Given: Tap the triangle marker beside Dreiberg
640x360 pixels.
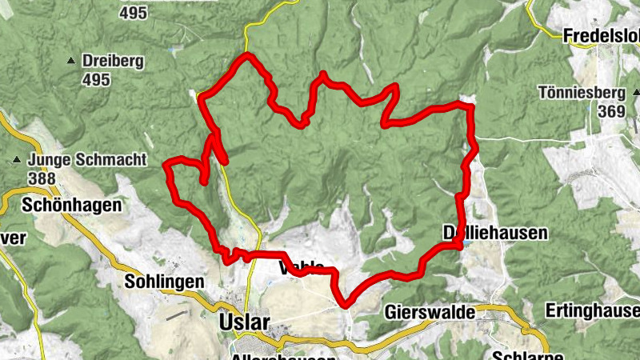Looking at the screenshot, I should point(72,61).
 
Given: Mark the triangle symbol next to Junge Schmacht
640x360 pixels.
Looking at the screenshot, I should point(16,160).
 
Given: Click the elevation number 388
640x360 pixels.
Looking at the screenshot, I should point(41,178).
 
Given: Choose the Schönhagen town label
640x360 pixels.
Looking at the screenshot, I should point(72,205).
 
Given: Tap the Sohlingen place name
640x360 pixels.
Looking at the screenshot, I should point(165,282).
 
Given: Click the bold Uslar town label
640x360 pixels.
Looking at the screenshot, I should point(244,322).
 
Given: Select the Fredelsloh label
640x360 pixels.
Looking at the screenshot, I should point(601,35).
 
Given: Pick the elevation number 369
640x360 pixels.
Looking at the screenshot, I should point(610,111).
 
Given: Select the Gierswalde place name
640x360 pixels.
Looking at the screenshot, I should point(430,311).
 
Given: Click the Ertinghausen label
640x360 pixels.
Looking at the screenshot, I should point(592,310).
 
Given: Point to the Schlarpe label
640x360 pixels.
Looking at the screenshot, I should point(519,354).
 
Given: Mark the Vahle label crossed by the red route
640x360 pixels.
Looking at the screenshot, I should point(302,267).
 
